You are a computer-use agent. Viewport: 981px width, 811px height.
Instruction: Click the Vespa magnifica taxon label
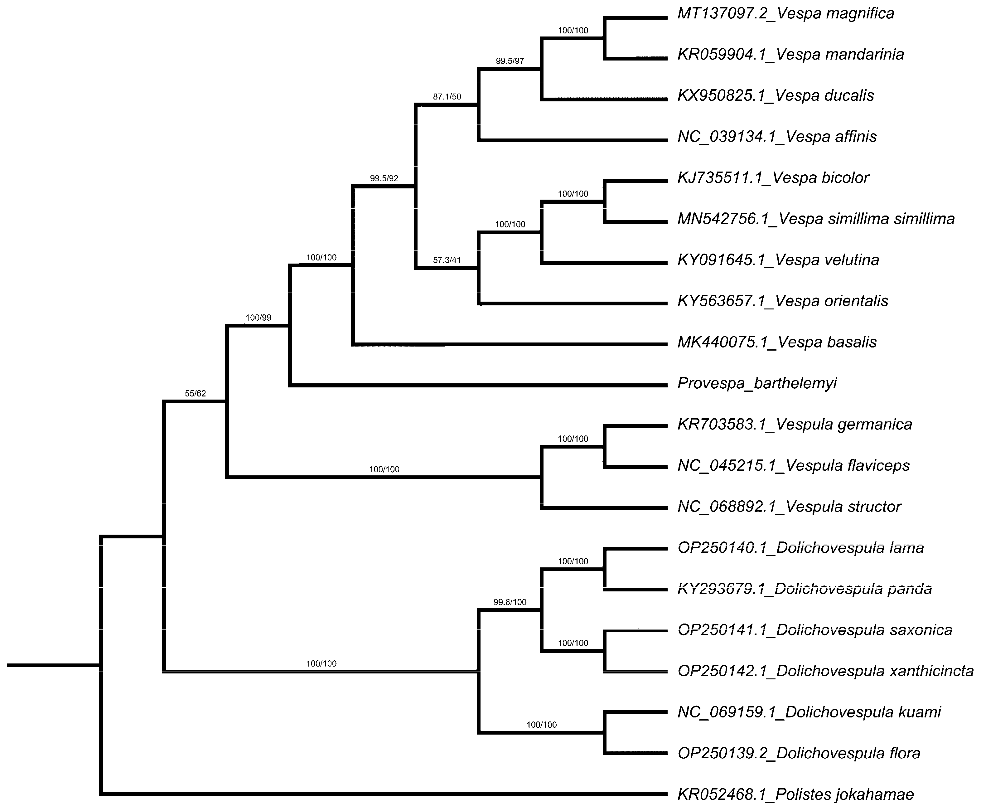[x=785, y=13]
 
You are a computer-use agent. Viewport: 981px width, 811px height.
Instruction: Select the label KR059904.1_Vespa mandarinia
[x=790, y=55]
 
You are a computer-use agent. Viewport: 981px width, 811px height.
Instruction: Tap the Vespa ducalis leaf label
[x=776, y=96]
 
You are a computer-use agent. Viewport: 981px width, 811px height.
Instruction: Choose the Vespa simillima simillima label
[x=816, y=219]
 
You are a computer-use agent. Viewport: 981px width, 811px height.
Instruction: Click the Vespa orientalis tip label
[x=783, y=301]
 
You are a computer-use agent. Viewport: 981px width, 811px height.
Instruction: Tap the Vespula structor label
[x=789, y=507]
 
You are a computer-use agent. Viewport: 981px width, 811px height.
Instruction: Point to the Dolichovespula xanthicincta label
[x=825, y=671]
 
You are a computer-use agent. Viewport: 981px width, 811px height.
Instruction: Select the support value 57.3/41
[x=447, y=260]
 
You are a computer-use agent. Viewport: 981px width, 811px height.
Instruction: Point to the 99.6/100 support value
[x=510, y=603]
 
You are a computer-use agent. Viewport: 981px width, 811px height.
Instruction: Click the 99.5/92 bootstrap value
[x=384, y=178]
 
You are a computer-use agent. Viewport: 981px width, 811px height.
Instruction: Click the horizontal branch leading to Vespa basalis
[x=509, y=345]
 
